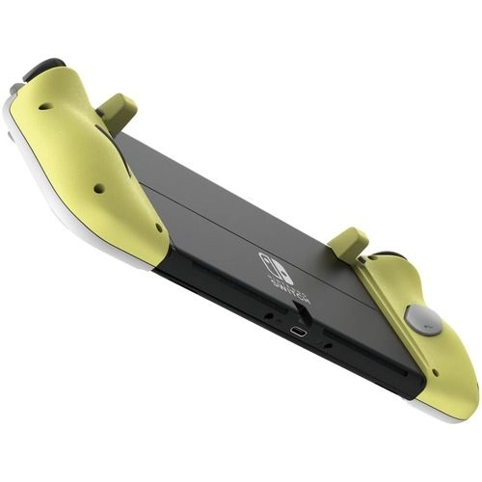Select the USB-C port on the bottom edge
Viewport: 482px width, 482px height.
301,333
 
